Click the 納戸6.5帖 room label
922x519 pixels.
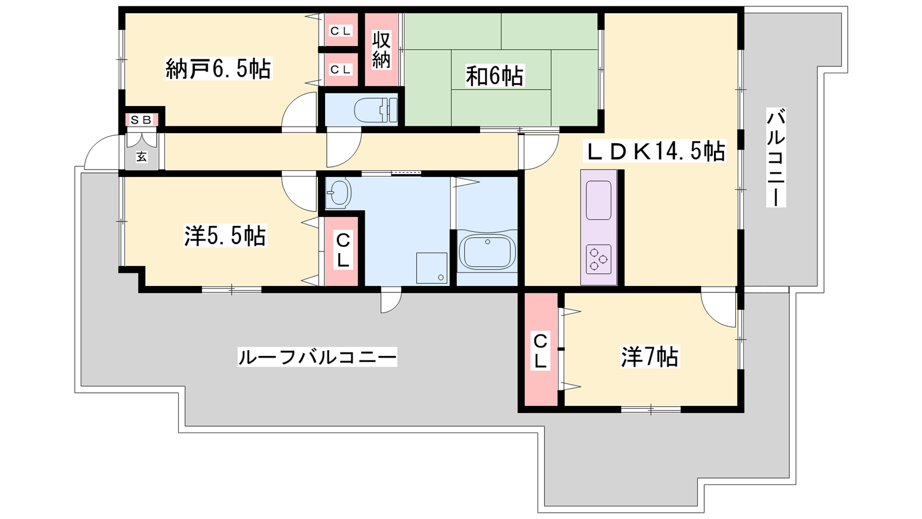point(218,69)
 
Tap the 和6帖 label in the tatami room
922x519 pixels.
point(494,76)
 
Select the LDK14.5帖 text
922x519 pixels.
point(655,151)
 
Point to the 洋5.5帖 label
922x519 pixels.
point(225,236)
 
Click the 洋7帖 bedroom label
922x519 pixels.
point(650,357)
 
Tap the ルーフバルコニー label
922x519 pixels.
point(318,357)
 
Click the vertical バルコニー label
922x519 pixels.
point(776,157)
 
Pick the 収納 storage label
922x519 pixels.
point(381,50)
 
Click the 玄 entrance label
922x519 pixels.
point(142,156)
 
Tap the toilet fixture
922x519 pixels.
point(376,110)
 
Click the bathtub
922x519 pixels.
point(488,251)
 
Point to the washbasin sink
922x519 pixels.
point(338,192)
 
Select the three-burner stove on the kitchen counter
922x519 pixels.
point(599,259)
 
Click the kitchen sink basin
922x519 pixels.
point(599,200)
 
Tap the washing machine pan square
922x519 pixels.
point(432,268)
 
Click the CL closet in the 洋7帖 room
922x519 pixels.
point(541,349)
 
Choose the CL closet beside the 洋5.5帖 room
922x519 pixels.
point(342,251)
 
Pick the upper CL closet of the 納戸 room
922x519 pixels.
point(341,31)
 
